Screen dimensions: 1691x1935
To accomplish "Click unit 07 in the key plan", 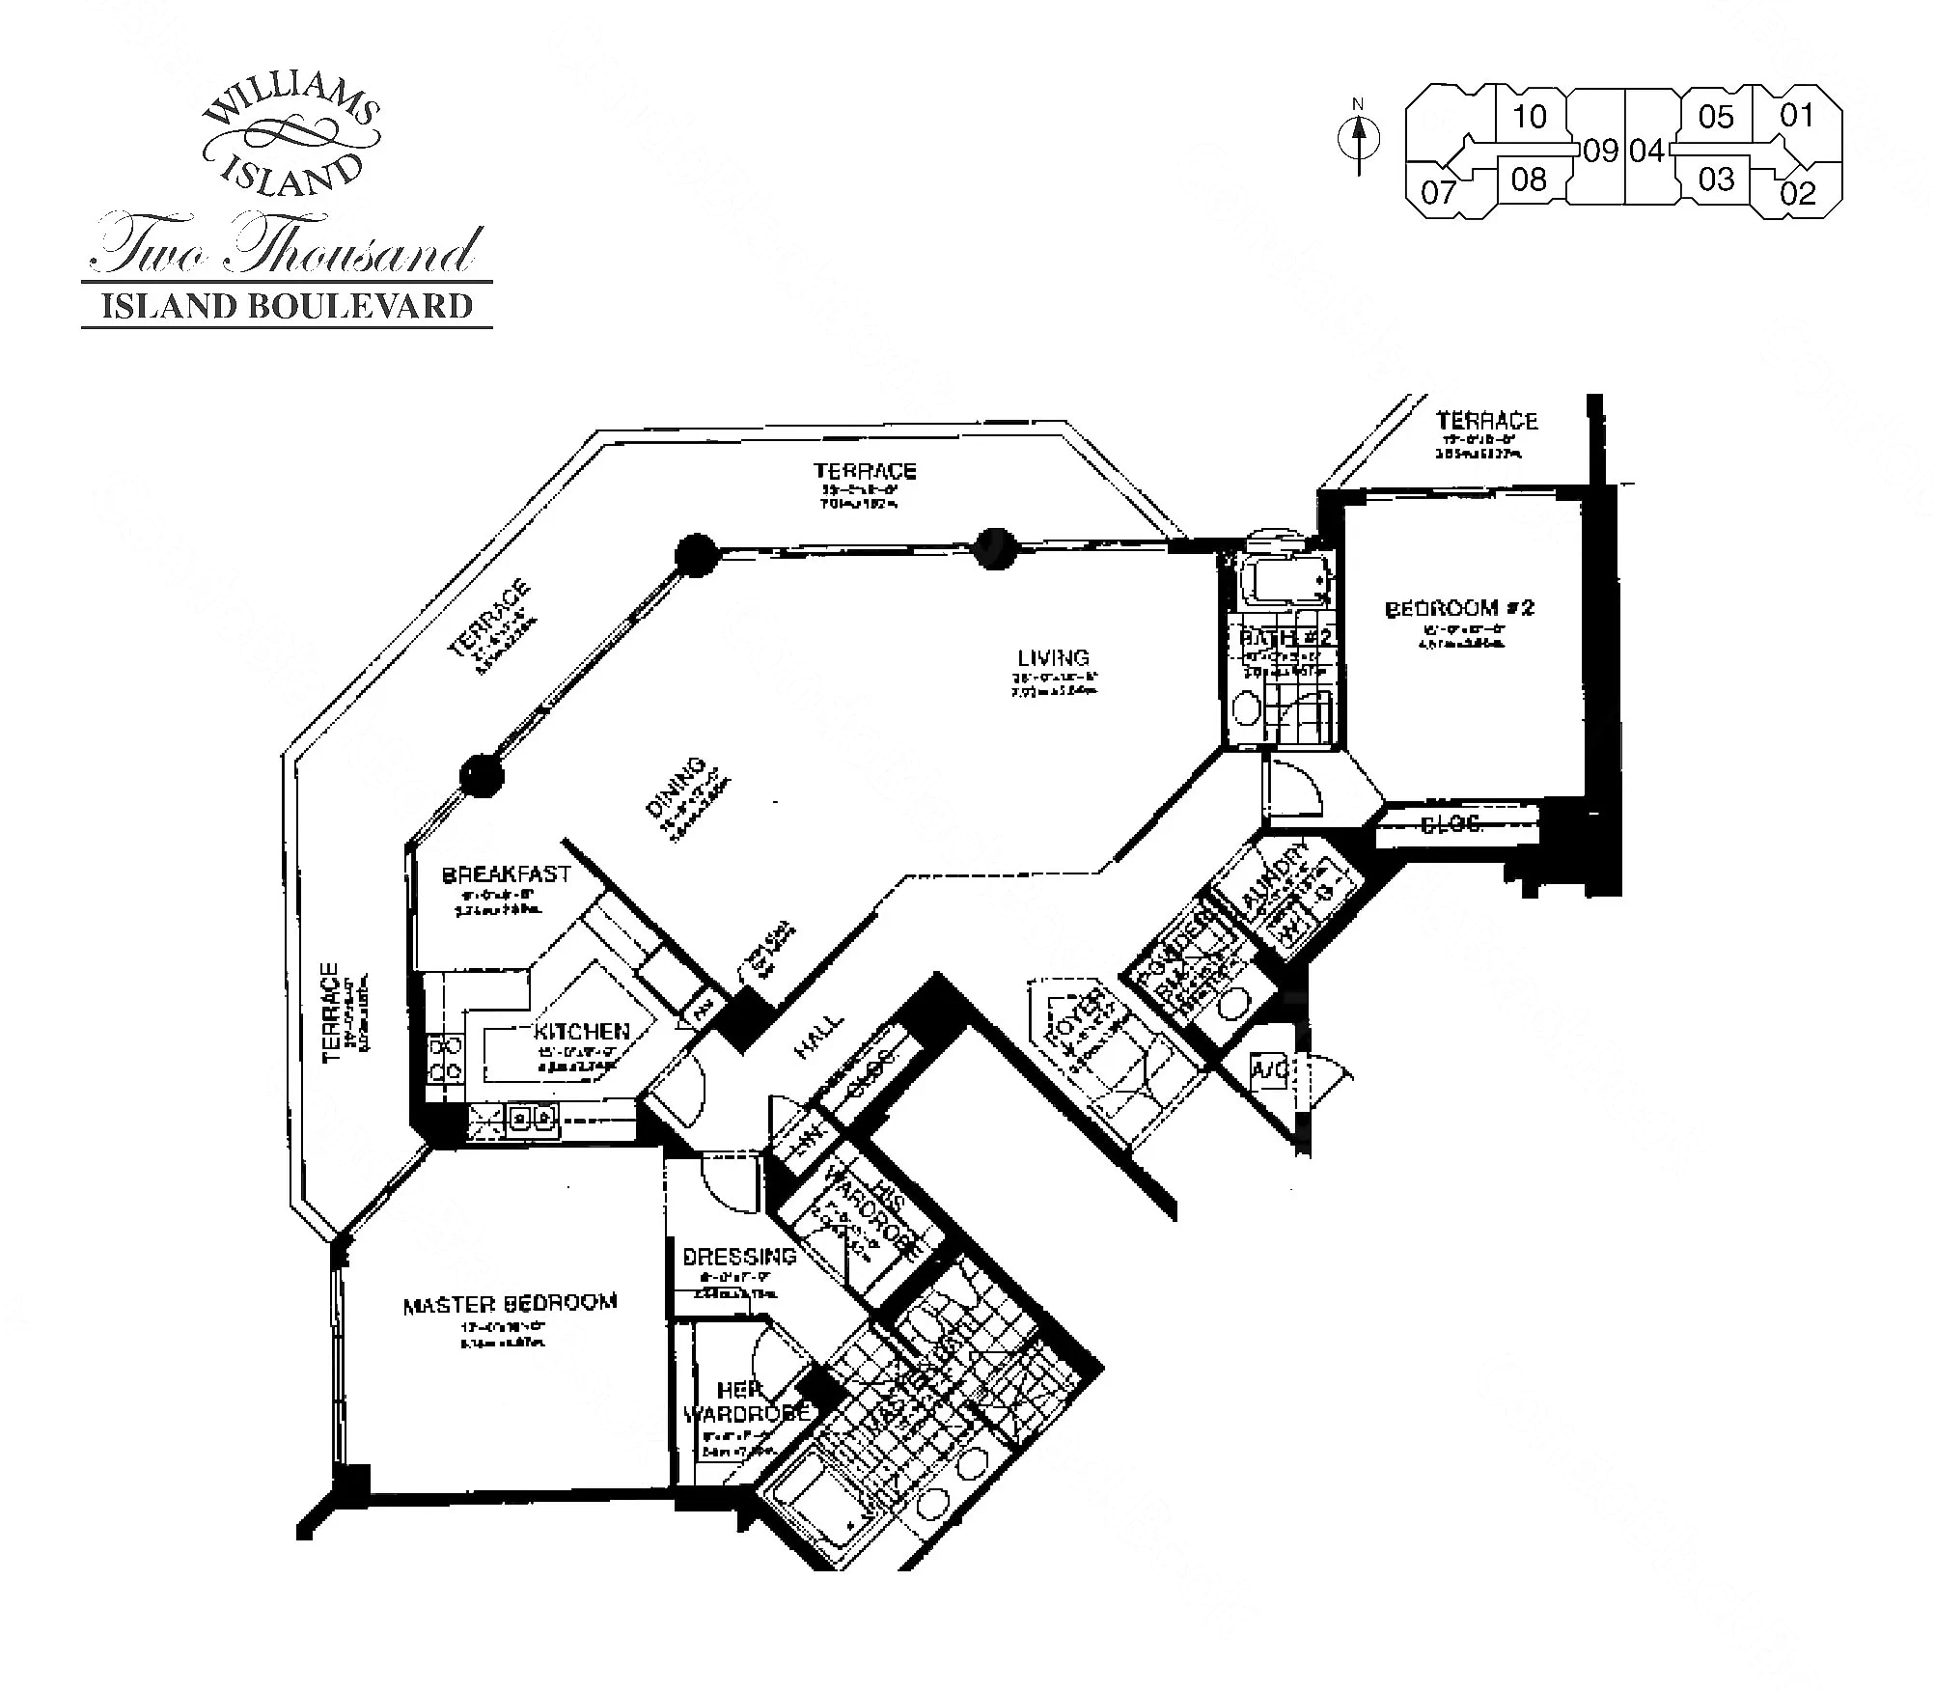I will click(1437, 192).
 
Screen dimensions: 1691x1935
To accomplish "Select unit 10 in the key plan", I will click(1530, 117).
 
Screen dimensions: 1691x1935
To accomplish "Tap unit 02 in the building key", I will click(1798, 193).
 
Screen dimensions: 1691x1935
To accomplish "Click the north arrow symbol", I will click(1359, 140).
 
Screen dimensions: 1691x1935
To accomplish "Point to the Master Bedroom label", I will click(510, 1304).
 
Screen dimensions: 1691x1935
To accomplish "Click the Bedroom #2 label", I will click(1459, 608).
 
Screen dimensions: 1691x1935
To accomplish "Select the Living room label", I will click(1053, 657).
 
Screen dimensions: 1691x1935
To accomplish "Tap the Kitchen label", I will click(582, 1031).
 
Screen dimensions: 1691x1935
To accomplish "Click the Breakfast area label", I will click(507, 874).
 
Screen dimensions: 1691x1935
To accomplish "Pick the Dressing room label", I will click(739, 1257).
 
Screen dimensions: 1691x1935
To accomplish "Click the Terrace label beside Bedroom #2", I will click(1486, 421).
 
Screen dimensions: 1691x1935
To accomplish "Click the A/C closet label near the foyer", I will click(1267, 1069).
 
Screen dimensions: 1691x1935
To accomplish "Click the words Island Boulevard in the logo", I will click(288, 306).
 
